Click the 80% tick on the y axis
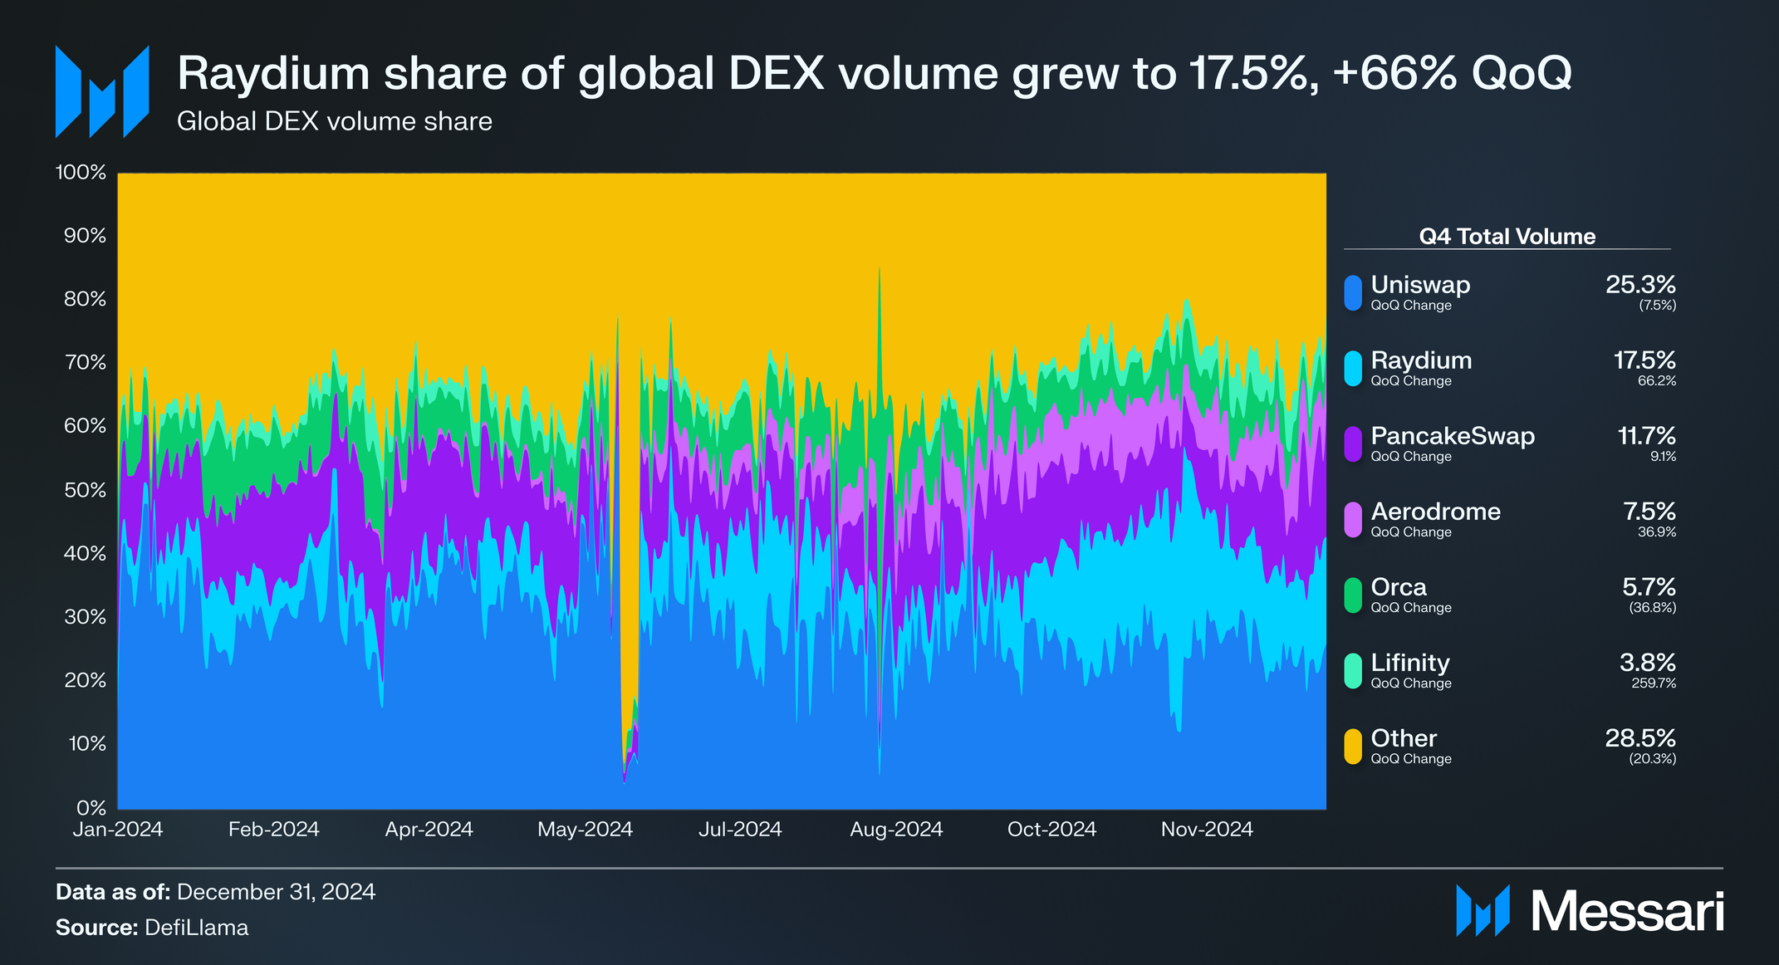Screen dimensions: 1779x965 click(85, 299)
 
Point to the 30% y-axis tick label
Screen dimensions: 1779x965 click(85, 617)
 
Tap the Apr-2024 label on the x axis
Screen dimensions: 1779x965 click(429, 829)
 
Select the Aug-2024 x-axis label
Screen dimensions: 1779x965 click(896, 829)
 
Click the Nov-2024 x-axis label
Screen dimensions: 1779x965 click(1207, 829)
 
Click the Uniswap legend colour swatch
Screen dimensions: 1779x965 click(1353, 293)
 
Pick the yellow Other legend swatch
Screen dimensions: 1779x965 click(1353, 747)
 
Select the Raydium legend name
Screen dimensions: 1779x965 click(1421, 360)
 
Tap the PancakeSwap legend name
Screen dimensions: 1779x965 click(1453, 436)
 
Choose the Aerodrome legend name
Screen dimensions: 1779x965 click(1436, 512)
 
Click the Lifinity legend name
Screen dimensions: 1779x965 click(1410, 663)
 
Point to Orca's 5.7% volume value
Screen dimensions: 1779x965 click(1649, 587)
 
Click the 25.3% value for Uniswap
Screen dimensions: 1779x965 click(1640, 285)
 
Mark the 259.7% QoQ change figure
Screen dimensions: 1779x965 click(1654, 683)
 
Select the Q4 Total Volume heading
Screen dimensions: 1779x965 click(1507, 237)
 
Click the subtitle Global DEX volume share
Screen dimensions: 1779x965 click(335, 121)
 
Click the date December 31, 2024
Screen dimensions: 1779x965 click(277, 892)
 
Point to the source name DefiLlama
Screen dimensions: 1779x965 click(196, 928)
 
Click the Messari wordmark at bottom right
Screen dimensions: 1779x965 click(1628, 912)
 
